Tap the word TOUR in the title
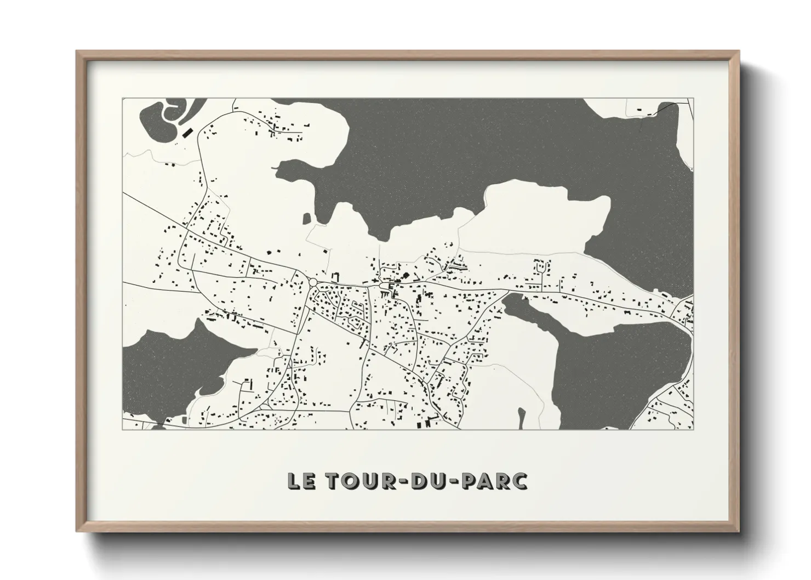tap(352, 481)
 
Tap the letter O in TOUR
tap(345, 481)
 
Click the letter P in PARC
tap(466, 481)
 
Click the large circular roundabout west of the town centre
tap(313, 282)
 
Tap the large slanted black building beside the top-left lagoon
tap(187, 132)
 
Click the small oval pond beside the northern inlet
tap(306, 219)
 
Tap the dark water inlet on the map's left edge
tap(164, 362)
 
